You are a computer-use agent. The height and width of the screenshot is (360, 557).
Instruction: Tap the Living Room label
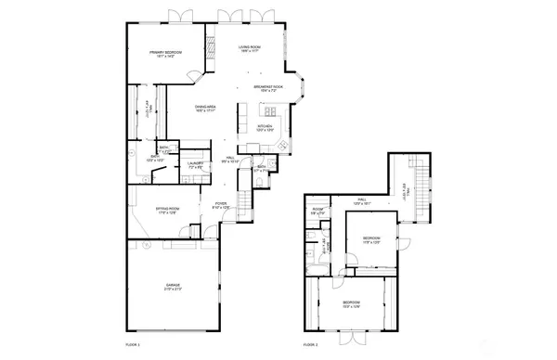249,48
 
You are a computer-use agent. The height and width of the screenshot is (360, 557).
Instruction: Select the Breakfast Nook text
268,88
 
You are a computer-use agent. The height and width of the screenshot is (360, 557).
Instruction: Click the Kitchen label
265,127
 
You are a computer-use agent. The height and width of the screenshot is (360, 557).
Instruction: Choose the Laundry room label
195,165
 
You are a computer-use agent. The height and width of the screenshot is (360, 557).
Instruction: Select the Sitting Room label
168,211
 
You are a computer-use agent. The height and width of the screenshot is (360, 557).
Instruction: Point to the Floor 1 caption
132,344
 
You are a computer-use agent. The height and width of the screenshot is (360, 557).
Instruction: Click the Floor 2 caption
310,344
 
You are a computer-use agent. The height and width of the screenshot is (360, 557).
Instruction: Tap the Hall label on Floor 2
362,201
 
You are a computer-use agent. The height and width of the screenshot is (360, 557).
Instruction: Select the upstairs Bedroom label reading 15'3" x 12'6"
351,304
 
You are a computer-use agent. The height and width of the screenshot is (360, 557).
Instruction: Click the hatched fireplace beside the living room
211,45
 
